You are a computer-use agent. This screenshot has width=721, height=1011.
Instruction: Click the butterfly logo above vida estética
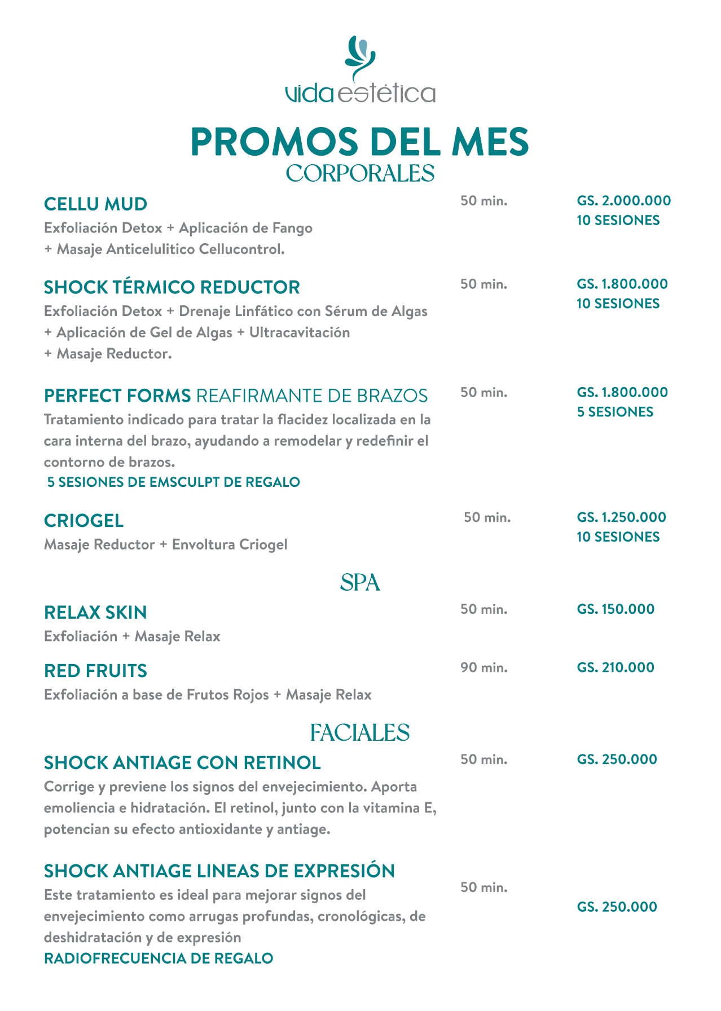pos(360,56)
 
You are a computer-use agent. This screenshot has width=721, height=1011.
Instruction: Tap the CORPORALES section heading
pos(360,173)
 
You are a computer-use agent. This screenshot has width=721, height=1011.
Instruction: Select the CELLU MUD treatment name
pos(95,204)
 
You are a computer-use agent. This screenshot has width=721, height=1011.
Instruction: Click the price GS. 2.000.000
pos(623,201)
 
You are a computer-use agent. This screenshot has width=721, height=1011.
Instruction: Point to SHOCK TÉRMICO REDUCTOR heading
pos(172,287)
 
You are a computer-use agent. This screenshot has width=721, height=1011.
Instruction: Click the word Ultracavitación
pos(300,332)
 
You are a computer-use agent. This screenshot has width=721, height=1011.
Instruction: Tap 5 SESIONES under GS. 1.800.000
pos(615,412)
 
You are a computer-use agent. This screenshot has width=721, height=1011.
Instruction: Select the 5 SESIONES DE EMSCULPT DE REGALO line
pos(173,482)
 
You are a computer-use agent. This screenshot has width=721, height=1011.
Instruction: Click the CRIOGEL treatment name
pos(83,521)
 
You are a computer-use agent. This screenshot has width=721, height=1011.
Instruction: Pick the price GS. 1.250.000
pos(621,517)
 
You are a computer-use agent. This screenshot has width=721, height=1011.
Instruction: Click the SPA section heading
pos(360,583)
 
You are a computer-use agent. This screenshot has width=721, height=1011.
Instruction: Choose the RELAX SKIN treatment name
pos(95,613)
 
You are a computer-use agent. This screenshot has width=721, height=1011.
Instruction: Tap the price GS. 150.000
pos(616,609)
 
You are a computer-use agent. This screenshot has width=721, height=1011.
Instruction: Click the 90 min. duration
pos(484,668)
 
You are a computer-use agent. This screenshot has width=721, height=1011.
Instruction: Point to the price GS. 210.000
pos(616,667)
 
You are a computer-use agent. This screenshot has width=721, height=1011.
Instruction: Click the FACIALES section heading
pos(360,733)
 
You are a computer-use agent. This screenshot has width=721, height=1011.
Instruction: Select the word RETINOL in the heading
pos(282,763)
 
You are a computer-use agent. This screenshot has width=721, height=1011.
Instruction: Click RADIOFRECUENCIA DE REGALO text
pos(159,959)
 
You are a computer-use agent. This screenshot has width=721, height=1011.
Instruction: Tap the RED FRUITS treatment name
pos(95,671)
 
